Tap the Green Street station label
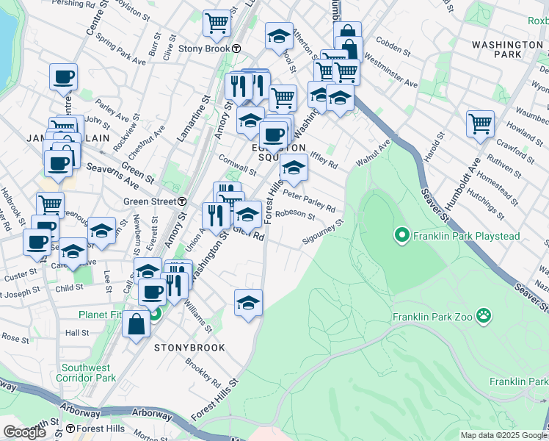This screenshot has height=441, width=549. (x=149, y=201)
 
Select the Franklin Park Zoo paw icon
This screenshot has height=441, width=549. (x=484, y=317)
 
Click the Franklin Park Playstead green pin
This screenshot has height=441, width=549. (x=401, y=236)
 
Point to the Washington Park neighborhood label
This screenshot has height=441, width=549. (x=507, y=49)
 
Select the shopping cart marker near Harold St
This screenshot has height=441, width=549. (x=480, y=123)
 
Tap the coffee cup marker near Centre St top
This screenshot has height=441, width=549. (x=64, y=76)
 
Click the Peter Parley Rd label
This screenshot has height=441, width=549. (x=309, y=201)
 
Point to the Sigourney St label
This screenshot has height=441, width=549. (x=322, y=234)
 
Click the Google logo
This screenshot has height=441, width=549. (x=25, y=432)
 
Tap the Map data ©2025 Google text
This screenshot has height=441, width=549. (x=503, y=435)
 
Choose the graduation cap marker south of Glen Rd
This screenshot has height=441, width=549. (x=248, y=301)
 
